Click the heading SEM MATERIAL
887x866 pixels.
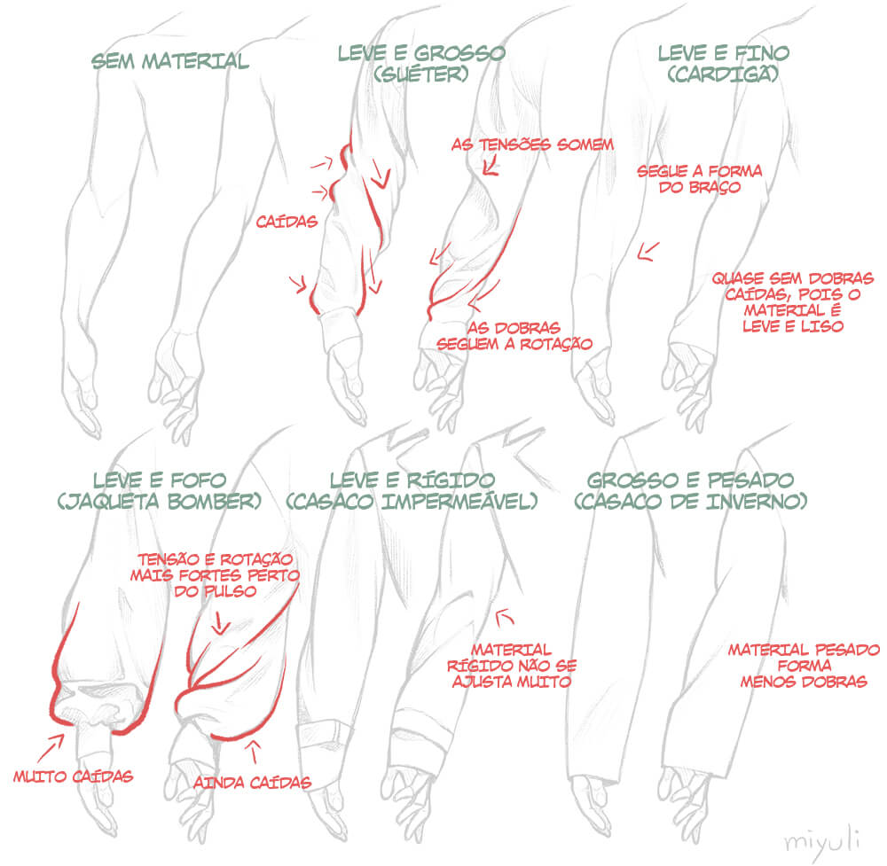[x=170, y=61]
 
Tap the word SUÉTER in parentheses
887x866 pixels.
[x=420, y=74]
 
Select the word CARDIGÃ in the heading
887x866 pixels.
[x=723, y=74]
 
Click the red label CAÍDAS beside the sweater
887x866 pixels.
[x=287, y=222]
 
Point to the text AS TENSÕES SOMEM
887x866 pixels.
[x=532, y=144]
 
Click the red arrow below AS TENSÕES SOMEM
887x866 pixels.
[x=491, y=166]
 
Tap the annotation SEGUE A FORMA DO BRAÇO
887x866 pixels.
[x=700, y=179]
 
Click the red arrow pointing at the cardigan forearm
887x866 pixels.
[x=648, y=252]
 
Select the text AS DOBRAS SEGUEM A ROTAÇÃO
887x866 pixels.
[x=514, y=336]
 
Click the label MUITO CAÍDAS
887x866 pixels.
[x=74, y=776]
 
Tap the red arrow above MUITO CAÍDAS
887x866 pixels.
[x=51, y=748]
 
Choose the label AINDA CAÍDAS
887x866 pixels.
[x=252, y=783]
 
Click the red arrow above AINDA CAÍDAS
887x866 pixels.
[x=254, y=752]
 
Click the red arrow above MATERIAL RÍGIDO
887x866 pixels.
[x=504, y=617]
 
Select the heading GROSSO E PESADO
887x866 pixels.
[x=690, y=480]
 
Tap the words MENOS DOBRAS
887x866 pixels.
[x=804, y=682]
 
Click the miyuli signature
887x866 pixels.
[x=823, y=840]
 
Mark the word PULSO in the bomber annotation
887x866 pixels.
[x=230, y=591]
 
